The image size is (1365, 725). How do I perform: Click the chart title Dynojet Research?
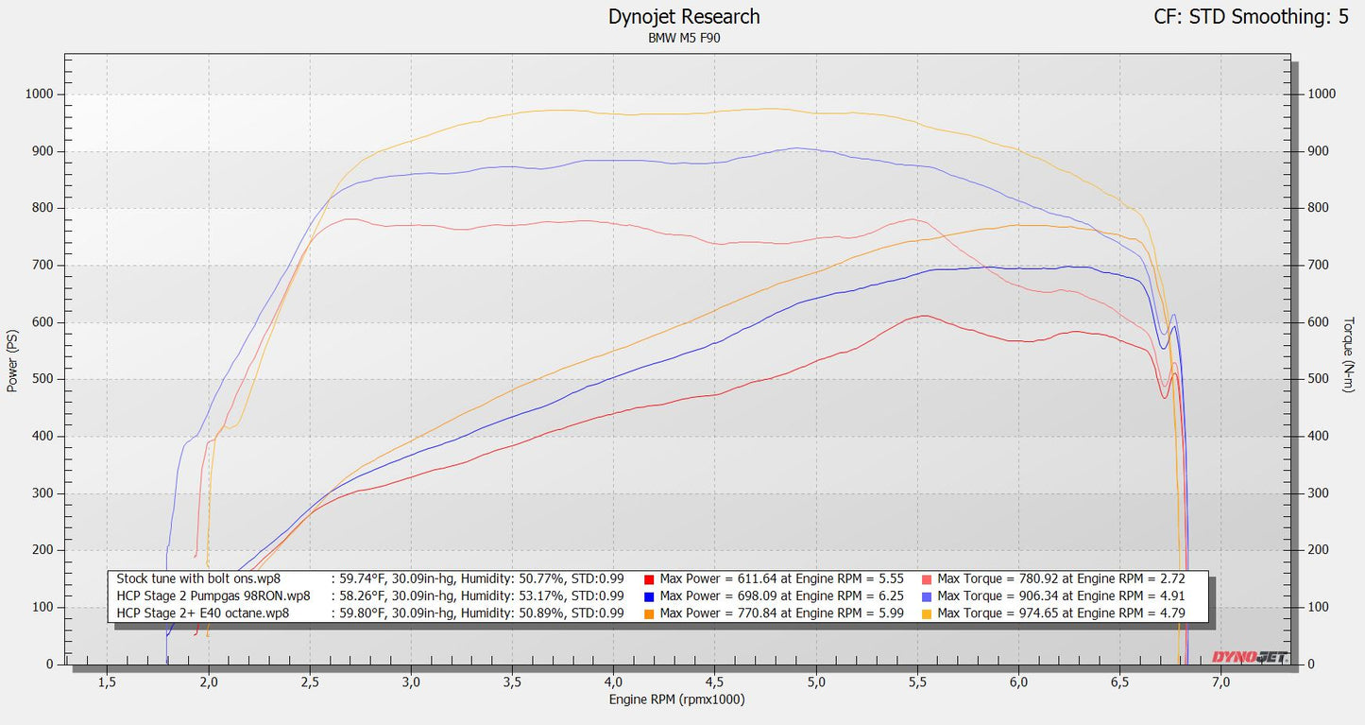click(683, 17)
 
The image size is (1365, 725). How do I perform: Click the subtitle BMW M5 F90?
click(683, 39)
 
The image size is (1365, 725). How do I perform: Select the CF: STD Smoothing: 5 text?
click(1251, 17)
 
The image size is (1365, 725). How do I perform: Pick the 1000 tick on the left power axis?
click(40, 95)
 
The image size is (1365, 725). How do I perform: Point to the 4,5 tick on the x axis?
click(714, 681)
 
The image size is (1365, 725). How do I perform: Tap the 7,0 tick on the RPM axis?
click(1220, 681)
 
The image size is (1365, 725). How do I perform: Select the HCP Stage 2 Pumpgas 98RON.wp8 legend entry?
click(213, 596)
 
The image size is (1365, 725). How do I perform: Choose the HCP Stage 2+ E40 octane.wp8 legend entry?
click(202, 613)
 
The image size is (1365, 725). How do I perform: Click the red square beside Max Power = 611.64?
click(650, 578)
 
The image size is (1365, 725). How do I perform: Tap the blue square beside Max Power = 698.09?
click(650, 596)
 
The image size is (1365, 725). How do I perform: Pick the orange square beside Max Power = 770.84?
click(650, 613)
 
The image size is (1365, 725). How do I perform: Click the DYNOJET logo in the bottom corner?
click(1250, 657)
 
